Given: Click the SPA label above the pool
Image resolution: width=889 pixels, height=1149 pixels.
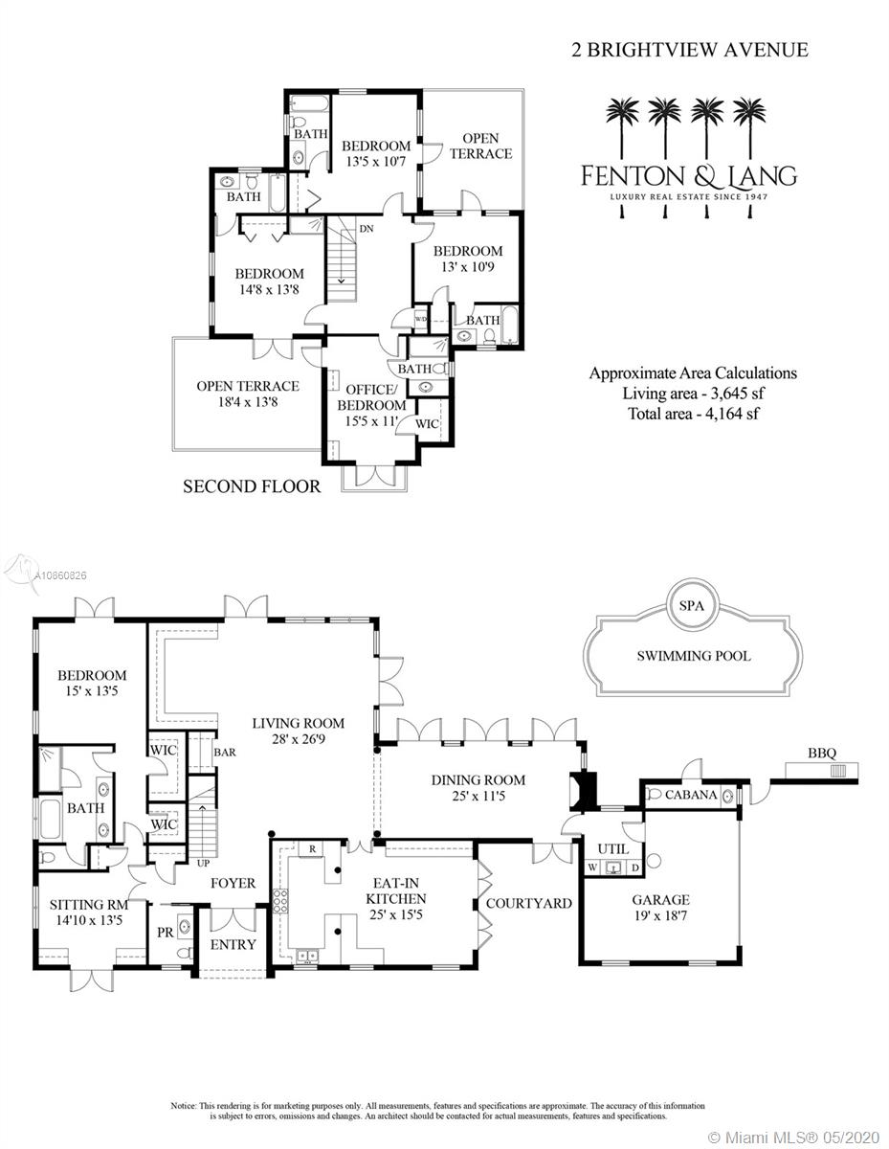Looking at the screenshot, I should click(692, 606).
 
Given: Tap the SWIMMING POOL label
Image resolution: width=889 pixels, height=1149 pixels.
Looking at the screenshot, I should click(694, 656).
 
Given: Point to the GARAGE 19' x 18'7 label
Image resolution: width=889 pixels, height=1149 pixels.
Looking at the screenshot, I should click(660, 909).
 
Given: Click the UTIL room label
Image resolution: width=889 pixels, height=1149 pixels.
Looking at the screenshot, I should click(611, 848).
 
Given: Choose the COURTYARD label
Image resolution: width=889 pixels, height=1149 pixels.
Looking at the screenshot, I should click(528, 903).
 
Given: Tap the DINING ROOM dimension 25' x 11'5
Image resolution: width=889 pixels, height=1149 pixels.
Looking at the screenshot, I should click(478, 794).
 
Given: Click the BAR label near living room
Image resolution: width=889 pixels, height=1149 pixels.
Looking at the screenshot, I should click(225, 753).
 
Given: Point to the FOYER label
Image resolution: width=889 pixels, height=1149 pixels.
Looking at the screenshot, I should click(233, 882).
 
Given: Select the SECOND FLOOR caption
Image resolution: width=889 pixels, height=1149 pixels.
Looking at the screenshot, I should click(252, 486).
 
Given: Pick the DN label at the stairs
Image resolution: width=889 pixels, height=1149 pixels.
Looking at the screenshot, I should click(366, 228).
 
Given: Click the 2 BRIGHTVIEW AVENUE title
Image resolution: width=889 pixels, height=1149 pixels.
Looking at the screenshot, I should click(676, 51).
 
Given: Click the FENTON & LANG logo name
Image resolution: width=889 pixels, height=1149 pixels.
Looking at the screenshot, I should click(689, 176).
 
